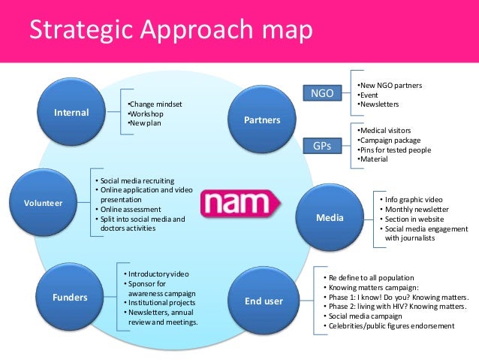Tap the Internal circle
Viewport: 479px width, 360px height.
[x=71, y=113]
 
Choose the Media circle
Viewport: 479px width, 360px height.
[x=330, y=218]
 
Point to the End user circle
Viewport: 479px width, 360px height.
[x=264, y=301]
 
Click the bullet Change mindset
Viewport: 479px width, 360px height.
[x=155, y=104]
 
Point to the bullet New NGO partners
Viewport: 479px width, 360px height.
[x=390, y=85]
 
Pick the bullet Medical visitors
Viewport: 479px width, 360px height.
[x=385, y=129]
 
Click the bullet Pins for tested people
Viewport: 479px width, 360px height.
[x=395, y=150]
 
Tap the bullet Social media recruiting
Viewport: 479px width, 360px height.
[x=135, y=181]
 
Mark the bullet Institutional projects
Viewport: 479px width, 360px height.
[x=160, y=302]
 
